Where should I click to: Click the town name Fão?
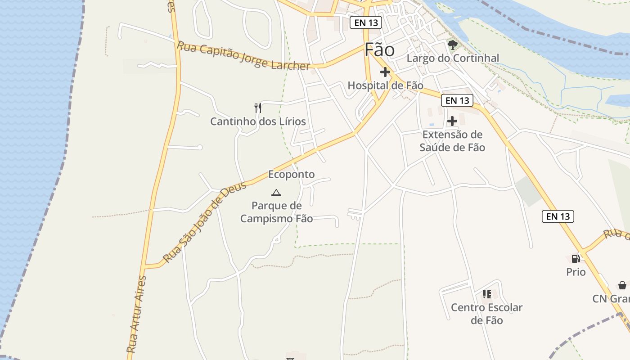(379, 50)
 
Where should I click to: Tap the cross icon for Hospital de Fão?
(385, 72)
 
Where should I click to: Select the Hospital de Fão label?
(385, 85)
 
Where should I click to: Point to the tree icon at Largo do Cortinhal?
(453, 45)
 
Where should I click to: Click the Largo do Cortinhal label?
(453, 58)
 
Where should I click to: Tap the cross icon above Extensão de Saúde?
(452, 121)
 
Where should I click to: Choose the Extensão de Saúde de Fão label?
(452, 141)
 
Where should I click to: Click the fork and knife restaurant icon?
(258, 108)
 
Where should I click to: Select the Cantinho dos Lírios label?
(258, 121)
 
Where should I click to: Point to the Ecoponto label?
(291, 174)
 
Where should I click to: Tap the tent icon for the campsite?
(276, 193)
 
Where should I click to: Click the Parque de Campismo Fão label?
(276, 212)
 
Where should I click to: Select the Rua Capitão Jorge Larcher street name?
(243, 56)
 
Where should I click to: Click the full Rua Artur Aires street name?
(137, 314)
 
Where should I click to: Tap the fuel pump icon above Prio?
(576, 259)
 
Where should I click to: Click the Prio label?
(576, 272)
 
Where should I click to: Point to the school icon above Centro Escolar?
(486, 294)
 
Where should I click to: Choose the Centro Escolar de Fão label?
(486, 314)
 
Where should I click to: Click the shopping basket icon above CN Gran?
(622, 285)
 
